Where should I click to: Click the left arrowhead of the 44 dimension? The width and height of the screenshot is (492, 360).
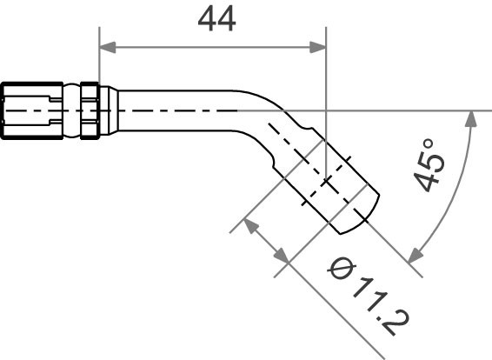tap(106, 48)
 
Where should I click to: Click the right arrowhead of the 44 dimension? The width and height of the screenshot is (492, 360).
tap(319, 48)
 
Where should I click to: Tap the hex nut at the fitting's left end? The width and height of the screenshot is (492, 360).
tap(31, 110)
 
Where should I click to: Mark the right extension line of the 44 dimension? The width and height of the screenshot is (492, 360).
tap(326, 87)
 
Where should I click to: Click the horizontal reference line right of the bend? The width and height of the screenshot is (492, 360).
tap(409, 110)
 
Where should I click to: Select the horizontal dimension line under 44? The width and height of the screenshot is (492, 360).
tap(213, 48)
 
